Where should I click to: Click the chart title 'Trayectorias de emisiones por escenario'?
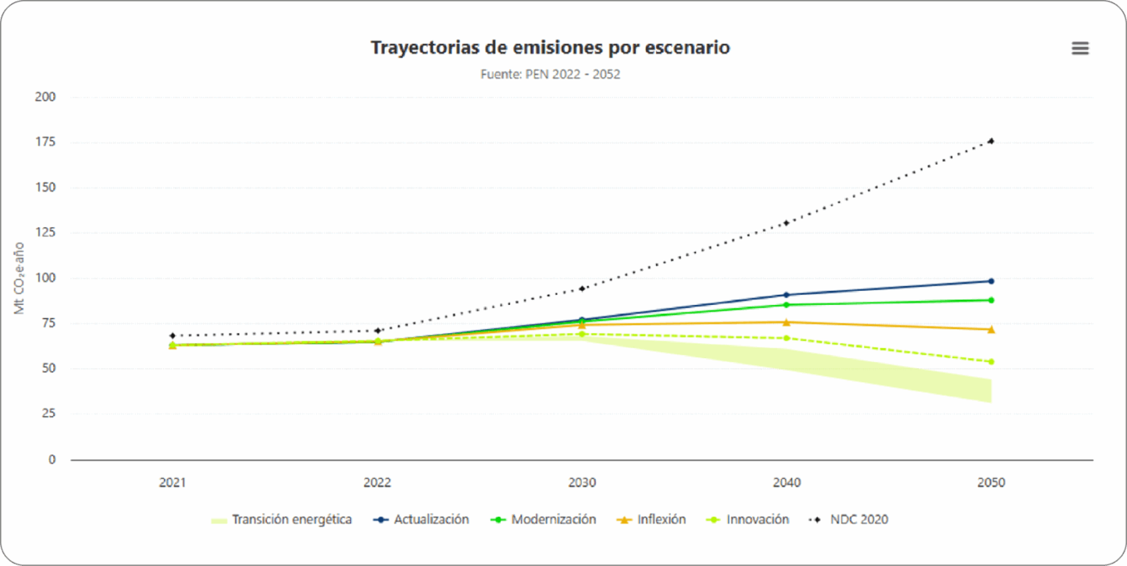tap(550, 48)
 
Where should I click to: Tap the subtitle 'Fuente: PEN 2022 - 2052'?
tap(550, 74)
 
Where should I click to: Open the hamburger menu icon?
tap(1080, 48)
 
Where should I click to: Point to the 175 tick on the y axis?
tap(45, 142)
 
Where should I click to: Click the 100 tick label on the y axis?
tap(45, 278)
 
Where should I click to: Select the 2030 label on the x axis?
tap(582, 483)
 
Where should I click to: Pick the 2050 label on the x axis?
tap(991, 483)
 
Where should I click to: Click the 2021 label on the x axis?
tap(172, 483)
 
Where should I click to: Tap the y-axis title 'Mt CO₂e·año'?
tap(20, 279)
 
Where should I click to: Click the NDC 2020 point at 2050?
tap(991, 141)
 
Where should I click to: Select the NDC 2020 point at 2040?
tap(787, 223)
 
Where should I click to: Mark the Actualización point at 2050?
tap(991, 281)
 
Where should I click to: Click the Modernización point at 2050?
tap(991, 300)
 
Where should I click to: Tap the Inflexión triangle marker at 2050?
tap(991, 329)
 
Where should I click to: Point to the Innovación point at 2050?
tap(991, 361)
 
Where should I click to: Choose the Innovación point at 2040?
tap(787, 338)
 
